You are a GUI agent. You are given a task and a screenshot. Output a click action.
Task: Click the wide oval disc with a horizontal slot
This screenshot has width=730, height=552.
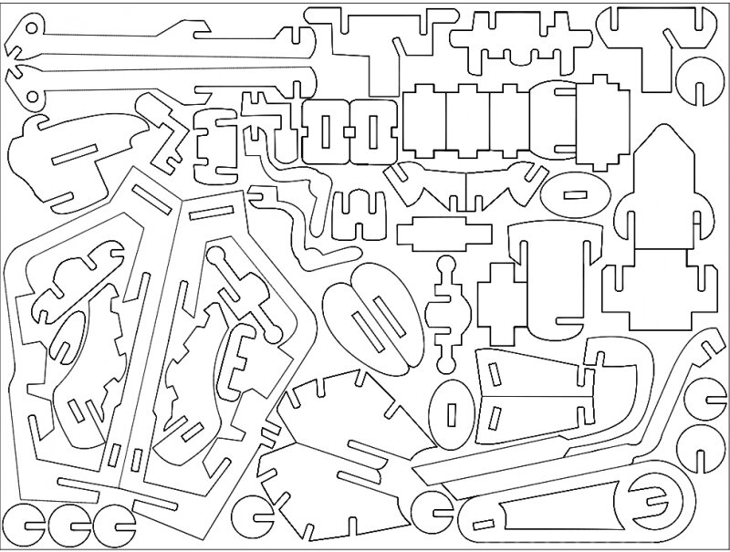575,194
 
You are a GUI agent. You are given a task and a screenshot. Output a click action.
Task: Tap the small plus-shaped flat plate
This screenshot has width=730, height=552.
443,234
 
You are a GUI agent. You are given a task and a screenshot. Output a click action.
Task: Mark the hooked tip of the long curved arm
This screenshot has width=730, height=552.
706,342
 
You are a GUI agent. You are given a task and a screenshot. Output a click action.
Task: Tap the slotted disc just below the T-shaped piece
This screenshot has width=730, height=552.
703,82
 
